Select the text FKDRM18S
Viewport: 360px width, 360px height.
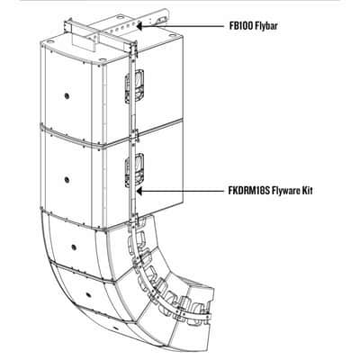(x=249, y=191)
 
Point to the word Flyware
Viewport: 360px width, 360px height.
(x=286, y=191)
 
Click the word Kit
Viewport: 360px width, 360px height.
(x=308, y=191)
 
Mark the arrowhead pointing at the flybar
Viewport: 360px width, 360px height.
(x=140, y=26)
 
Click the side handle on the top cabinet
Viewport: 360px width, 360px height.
(x=135, y=86)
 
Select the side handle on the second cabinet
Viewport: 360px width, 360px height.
(x=135, y=170)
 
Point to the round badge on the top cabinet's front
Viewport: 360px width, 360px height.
(x=66, y=96)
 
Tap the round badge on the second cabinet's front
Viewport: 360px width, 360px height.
(x=67, y=180)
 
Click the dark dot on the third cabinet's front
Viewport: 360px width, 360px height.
(x=74, y=247)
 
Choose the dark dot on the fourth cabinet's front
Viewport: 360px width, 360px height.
(x=88, y=294)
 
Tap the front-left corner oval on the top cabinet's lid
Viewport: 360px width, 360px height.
(x=103, y=59)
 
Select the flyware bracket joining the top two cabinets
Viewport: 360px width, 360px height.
(x=133, y=136)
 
